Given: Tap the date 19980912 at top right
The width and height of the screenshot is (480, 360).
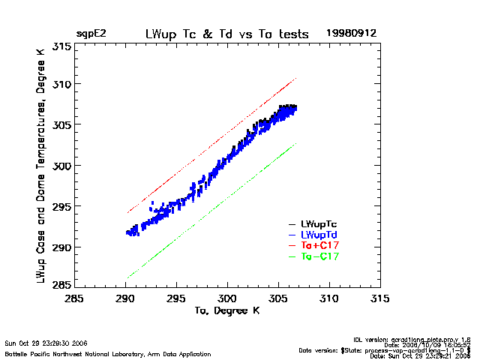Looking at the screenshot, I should (351, 34).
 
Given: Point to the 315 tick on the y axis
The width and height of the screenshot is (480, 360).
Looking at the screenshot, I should (61, 46).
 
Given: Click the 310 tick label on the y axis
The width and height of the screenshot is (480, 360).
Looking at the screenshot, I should (61, 83).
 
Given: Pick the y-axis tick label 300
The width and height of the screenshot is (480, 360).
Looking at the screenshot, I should (61, 165).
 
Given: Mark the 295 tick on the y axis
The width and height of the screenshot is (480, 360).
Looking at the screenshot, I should (61, 206).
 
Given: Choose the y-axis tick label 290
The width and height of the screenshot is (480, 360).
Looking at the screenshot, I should (61, 247).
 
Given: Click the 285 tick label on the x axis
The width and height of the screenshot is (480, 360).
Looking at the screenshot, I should (73, 298).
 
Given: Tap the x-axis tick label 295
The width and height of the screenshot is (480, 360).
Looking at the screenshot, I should (176, 298).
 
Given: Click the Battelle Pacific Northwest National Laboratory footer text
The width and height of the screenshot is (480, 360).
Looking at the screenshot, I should (108, 353).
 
